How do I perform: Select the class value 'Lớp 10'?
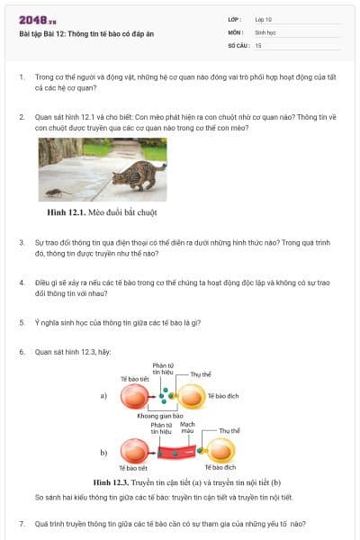[x=264, y=18]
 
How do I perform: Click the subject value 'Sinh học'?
[x=265, y=31]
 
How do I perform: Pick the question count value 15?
[x=258, y=44]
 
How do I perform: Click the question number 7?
[x=22, y=523]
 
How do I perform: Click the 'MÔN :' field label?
[x=236, y=31]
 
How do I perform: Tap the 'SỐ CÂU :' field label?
[x=238, y=44]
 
